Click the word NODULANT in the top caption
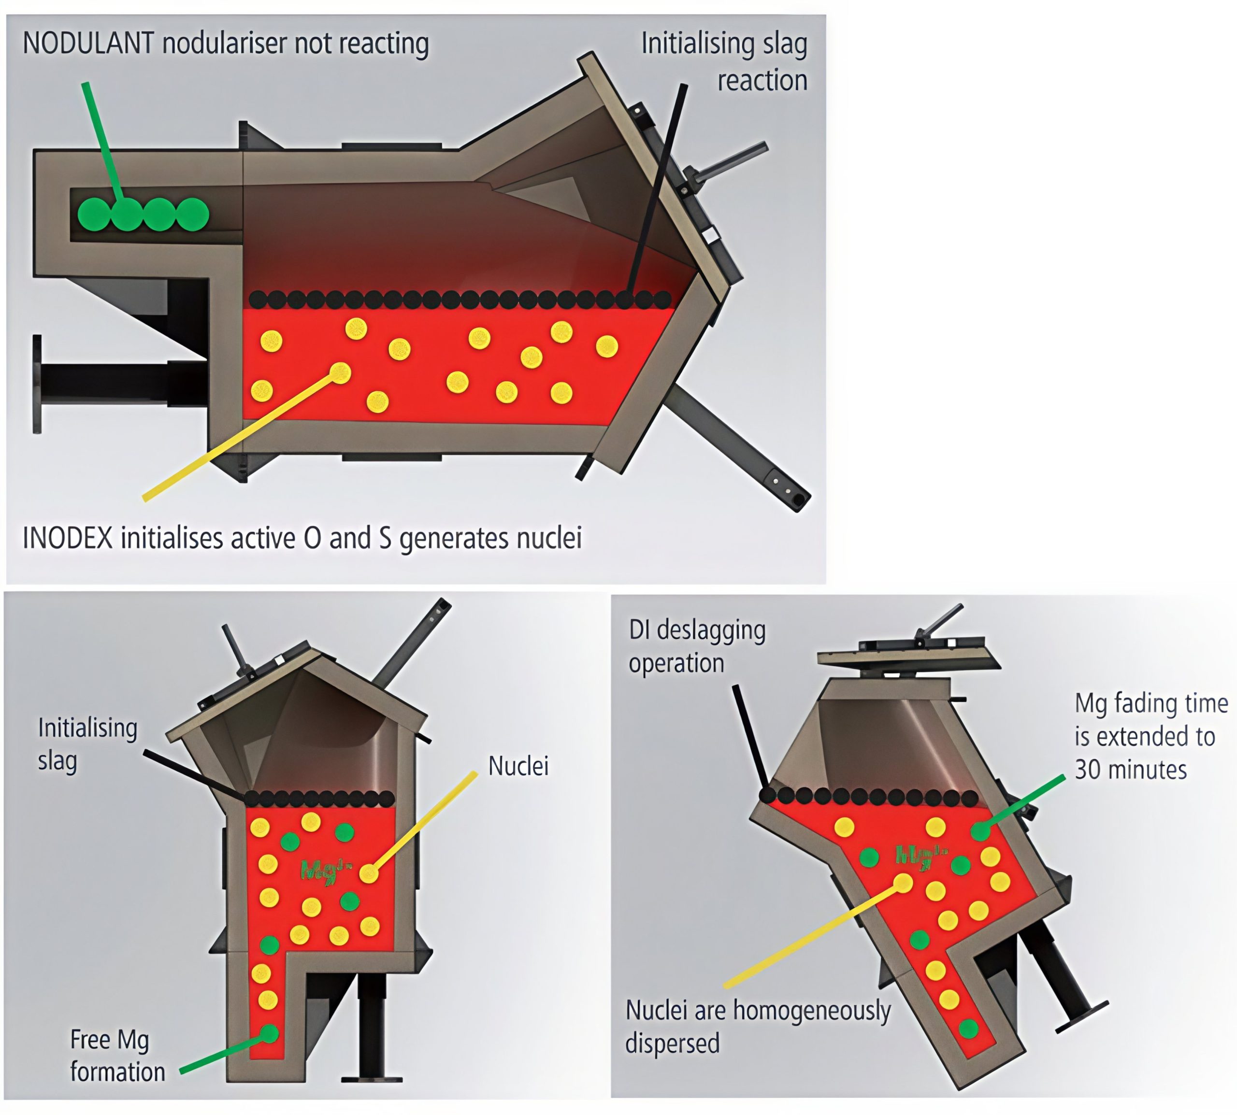87,43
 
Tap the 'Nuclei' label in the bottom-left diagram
518,766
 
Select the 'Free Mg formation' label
117,1056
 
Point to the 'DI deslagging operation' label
697,646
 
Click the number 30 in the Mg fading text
1088,770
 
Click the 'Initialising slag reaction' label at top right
724,61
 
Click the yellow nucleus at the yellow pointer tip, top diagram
340,372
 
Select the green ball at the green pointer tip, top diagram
127,214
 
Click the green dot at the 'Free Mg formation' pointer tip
269,1034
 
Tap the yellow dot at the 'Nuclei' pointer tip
368,873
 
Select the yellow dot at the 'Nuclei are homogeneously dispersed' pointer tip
903,883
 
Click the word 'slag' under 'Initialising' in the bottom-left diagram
58,761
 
